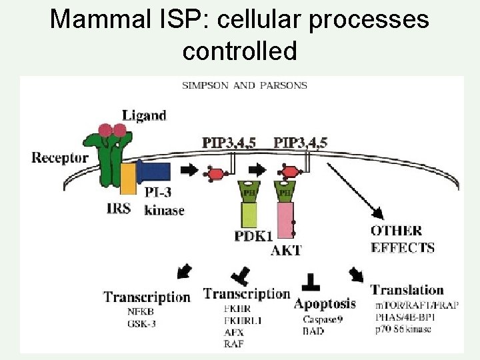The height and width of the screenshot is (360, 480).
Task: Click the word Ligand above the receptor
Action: [x=144, y=115]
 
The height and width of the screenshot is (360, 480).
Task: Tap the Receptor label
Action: [x=60, y=158]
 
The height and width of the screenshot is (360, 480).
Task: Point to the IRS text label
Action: [x=123, y=208]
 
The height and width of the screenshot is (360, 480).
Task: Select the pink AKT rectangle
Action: [x=286, y=221]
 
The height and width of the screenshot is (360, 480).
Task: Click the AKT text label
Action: [x=286, y=251]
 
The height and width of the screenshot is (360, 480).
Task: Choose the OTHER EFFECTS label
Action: [x=403, y=239]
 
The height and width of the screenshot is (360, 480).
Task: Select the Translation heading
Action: [x=407, y=290]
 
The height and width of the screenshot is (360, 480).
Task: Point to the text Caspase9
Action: [x=322, y=320]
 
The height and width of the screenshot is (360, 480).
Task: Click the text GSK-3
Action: [x=141, y=323]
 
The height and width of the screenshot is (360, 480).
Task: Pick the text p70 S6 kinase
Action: [x=403, y=329]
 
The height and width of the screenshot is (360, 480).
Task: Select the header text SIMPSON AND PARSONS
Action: [x=245, y=85]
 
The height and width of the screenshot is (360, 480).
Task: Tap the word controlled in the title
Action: [x=239, y=50]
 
